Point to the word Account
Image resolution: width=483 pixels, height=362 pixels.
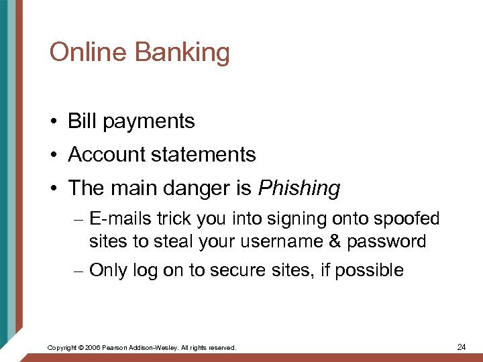coord(109,155)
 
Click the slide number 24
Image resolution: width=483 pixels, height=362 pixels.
coord(461,347)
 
